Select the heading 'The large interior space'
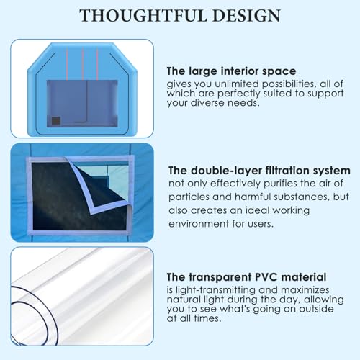pyautogui.click(x=231, y=71)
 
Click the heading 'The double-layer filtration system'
pyautogui.click(x=259, y=171)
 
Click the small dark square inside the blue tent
pyautogui.click(x=55, y=120)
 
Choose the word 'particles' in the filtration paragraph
pyautogui.click(x=190, y=197)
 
